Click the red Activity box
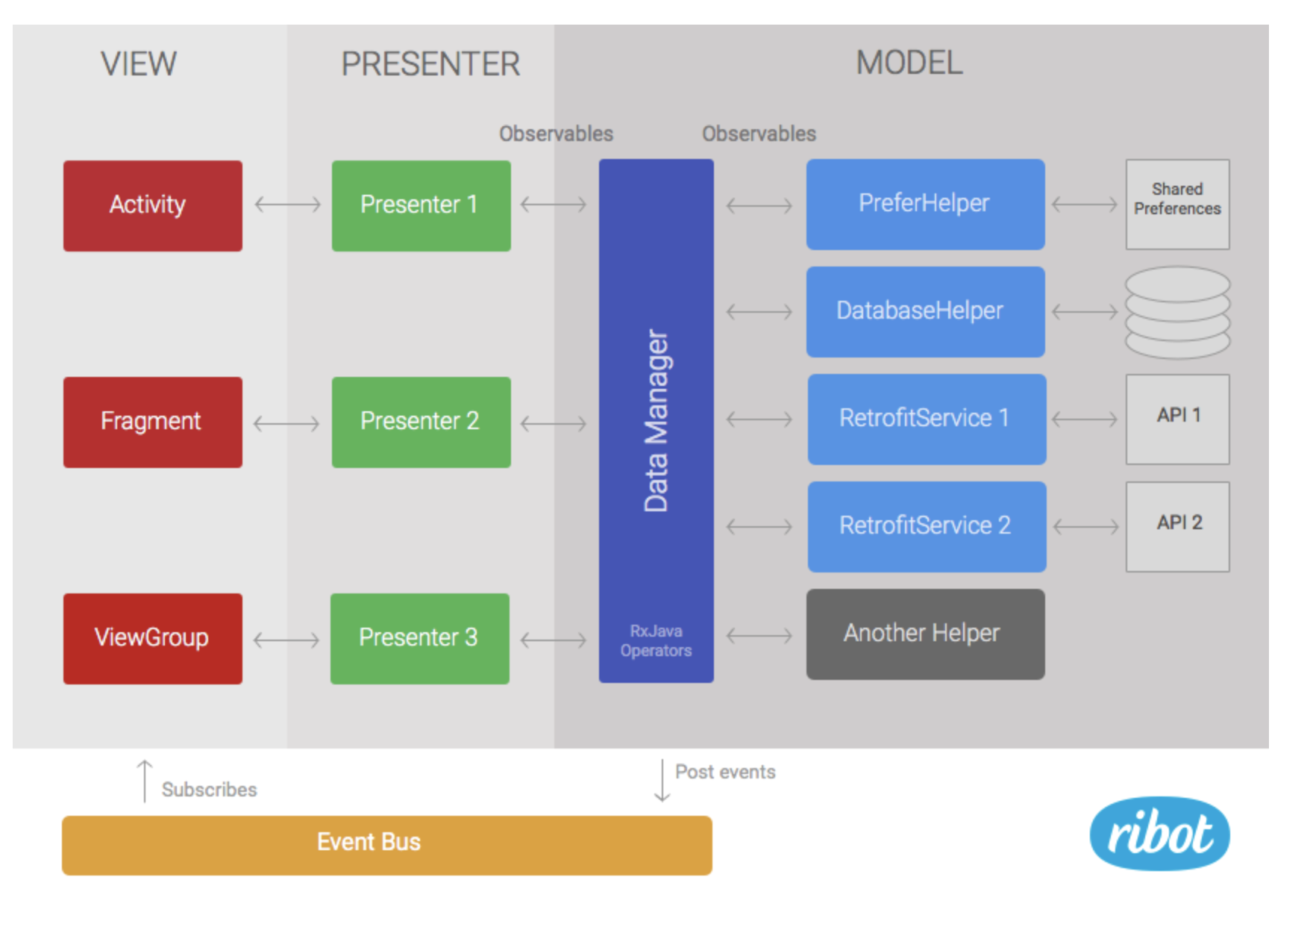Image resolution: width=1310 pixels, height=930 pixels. [153, 205]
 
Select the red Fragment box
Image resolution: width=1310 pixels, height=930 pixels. [153, 422]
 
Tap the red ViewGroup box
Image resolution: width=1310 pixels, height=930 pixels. [153, 638]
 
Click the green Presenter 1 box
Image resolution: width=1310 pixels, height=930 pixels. [421, 205]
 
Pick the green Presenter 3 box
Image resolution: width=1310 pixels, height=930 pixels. [420, 638]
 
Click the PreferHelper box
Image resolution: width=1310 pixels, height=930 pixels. [925, 204]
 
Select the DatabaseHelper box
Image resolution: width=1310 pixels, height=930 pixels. [925, 311]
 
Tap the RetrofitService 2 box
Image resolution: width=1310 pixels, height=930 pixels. [927, 526]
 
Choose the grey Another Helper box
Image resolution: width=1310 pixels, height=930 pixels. [925, 634]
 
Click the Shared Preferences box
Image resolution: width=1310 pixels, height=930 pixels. [1177, 204]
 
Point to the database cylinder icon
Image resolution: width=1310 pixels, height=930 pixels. [1177, 312]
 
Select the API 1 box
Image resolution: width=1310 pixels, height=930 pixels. [1177, 419]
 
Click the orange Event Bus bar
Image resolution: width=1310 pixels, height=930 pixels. [386, 844]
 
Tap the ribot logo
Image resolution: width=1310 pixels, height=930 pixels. [1159, 833]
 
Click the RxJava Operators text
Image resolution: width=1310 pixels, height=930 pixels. [656, 640]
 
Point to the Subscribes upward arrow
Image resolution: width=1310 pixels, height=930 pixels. [145, 781]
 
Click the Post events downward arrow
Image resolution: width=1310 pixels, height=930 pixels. [662, 780]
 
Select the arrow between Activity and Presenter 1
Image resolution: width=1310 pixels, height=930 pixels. [287, 204]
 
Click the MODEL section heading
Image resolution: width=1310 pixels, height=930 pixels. [909, 63]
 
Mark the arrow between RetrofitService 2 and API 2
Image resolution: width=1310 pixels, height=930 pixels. [1085, 527]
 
